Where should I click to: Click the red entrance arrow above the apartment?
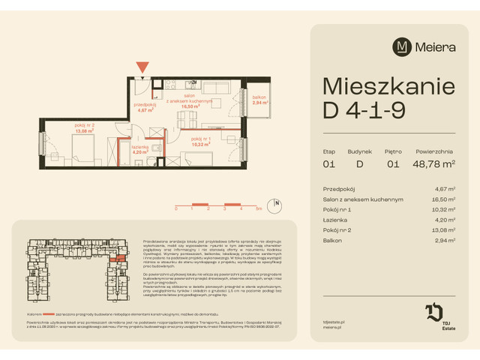click(142, 67)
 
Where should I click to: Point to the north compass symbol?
click(277, 203)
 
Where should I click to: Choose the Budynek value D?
click(359, 163)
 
